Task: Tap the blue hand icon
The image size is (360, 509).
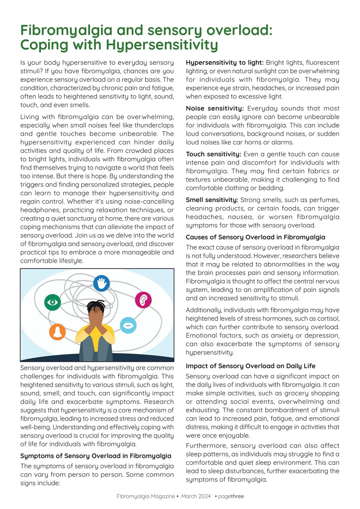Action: pos(101,283)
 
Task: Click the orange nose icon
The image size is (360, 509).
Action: pos(57,332)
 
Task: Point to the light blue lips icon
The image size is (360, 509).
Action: pos(128,325)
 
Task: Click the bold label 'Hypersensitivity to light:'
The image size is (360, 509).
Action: pos(225,63)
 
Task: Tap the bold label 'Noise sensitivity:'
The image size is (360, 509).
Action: pos(215,109)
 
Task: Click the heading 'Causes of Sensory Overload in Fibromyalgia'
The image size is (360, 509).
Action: pos(255,237)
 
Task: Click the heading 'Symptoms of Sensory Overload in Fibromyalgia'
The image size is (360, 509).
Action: pos(95,456)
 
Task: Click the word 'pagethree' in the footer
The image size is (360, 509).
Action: pos(231,496)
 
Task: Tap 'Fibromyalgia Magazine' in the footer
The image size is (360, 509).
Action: pos(145,496)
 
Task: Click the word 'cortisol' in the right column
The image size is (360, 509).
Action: pos(327,319)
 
